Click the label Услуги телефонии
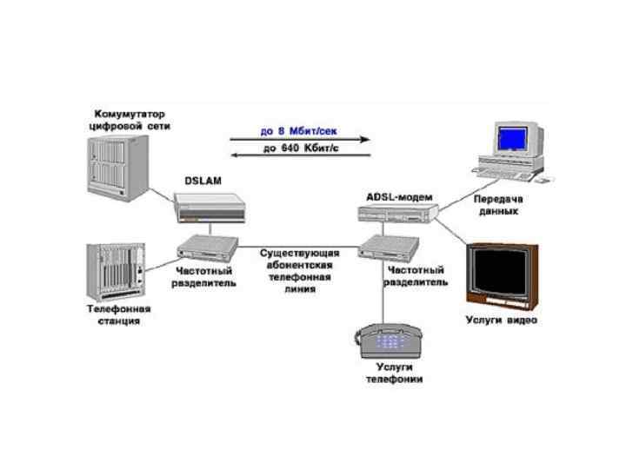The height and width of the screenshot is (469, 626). pos(394,373)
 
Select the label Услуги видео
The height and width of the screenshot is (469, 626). pos(503,320)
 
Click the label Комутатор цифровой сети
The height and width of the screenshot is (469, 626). pos(130,120)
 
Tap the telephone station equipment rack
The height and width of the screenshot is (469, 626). pos(115,271)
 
